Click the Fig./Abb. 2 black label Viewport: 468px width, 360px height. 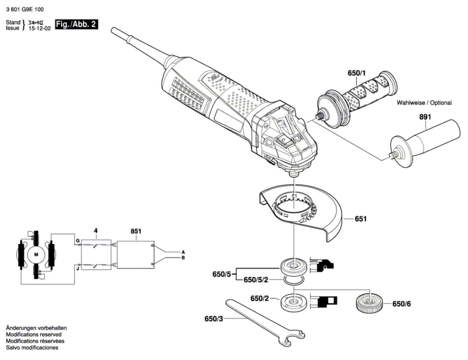pyautogui.click(x=76, y=24)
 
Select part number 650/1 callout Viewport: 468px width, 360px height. pyautogui.click(x=357, y=73)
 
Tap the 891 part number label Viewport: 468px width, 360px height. pyautogui.click(x=425, y=117)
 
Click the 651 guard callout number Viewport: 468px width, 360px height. pyautogui.click(x=360, y=219)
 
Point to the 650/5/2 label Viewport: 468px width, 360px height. pyautogui.click(x=256, y=280)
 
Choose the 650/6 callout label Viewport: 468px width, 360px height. pyautogui.click(x=401, y=304)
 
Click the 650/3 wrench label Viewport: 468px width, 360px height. pyautogui.click(x=214, y=319)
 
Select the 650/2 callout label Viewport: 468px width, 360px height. pyautogui.click(x=259, y=298)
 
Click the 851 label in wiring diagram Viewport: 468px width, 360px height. pyautogui.click(x=136, y=231)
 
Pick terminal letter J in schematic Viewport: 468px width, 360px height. pyautogui.click(x=78, y=268)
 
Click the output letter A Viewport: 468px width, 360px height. pyautogui.click(x=183, y=252)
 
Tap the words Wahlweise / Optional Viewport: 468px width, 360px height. pyautogui.click(x=424, y=103)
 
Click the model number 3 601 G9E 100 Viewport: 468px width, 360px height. pyautogui.click(x=25, y=9)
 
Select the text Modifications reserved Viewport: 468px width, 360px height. pyautogui.click(x=34, y=334)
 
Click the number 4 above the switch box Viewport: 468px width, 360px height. pyautogui.click(x=96, y=231)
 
